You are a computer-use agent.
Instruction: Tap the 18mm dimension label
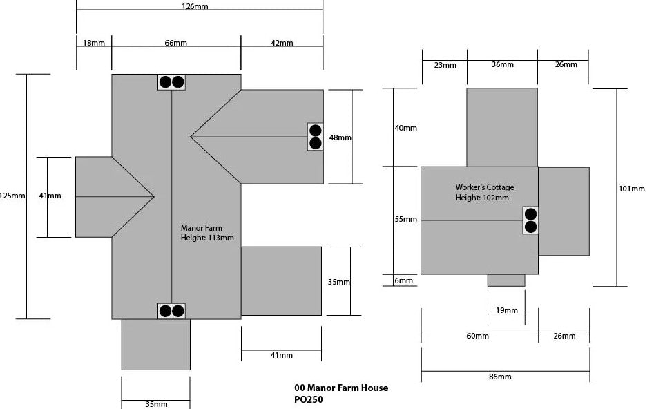tap(94, 43)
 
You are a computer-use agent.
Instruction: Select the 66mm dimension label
tap(175, 43)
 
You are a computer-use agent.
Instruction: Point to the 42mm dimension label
tap(281, 43)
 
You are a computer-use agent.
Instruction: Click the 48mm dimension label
tap(340, 137)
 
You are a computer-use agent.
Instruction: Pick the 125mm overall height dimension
tap(13, 196)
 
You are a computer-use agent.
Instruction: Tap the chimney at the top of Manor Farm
tap(171, 82)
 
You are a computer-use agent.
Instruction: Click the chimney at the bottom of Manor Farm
tap(171, 311)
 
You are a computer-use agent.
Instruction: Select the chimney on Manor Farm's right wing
tap(316, 136)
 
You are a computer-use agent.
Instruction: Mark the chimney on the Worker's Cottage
tap(530, 220)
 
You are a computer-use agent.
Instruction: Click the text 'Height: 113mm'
tap(207, 238)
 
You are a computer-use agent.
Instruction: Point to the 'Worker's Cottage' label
tap(485, 187)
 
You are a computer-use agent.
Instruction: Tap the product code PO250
tap(308, 399)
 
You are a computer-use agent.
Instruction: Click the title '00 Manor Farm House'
tap(340, 388)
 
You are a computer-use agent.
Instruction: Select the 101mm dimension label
tap(632, 188)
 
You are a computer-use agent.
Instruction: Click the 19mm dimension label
tap(506, 310)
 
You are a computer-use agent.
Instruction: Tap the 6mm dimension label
tap(404, 280)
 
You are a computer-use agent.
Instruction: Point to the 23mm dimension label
tap(445, 65)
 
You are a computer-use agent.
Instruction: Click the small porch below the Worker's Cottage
tap(506, 280)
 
